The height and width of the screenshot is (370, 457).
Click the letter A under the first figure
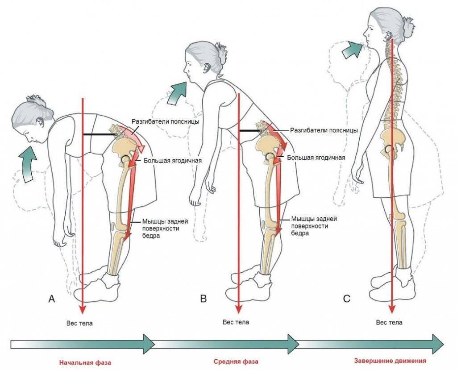click(52, 299)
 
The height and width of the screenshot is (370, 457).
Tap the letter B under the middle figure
click(204, 299)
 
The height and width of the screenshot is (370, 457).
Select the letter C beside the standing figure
click(347, 299)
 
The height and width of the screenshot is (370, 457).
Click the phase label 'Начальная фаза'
click(85, 362)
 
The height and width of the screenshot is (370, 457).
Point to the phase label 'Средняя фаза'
click(236, 361)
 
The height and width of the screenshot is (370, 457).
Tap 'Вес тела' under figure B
click(236, 322)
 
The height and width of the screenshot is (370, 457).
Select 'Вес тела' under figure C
click(389, 322)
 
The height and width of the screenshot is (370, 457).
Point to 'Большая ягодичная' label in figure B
click(316, 158)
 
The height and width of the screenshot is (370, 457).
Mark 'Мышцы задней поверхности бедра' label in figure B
click(314, 226)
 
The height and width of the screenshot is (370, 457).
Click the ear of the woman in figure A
click(41, 121)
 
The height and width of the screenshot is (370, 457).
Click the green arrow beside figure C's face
click(351, 48)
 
